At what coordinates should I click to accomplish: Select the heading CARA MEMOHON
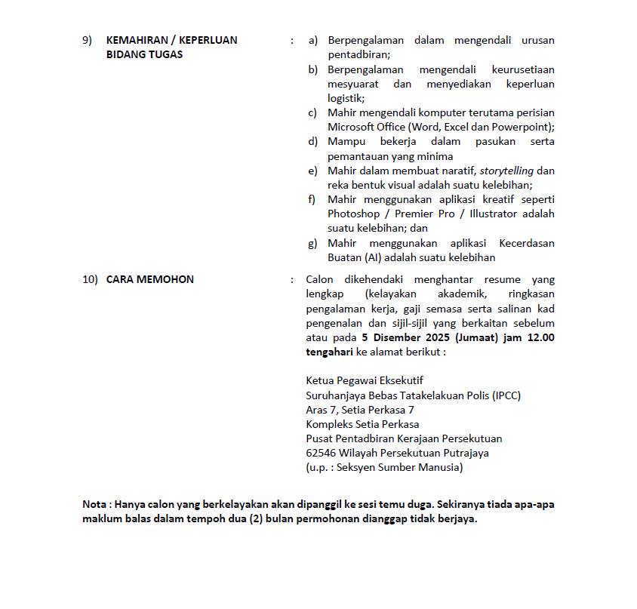coord(149,279)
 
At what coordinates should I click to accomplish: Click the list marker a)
coord(312,40)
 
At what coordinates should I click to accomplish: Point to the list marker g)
coord(312,243)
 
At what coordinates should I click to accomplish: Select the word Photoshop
coord(353,214)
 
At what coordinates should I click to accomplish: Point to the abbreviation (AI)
coord(374,257)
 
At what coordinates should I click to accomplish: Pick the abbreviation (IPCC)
coord(506,395)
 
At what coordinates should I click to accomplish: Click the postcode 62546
coord(321,453)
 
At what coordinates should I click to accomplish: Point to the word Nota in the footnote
coord(94,504)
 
